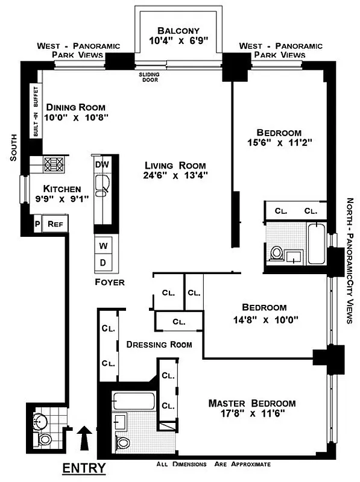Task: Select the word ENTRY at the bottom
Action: (84, 468)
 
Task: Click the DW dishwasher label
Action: (101, 163)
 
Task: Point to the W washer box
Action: (103, 246)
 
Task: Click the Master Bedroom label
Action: (252, 403)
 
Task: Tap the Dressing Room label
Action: (159, 345)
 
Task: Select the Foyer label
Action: (109, 282)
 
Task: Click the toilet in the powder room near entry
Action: (45, 440)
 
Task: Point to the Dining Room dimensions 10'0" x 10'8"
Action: (77, 117)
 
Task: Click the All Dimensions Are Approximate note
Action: (213, 465)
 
